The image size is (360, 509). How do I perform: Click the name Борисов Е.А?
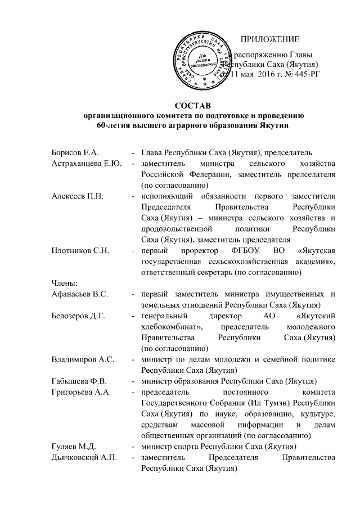click(x=74, y=153)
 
